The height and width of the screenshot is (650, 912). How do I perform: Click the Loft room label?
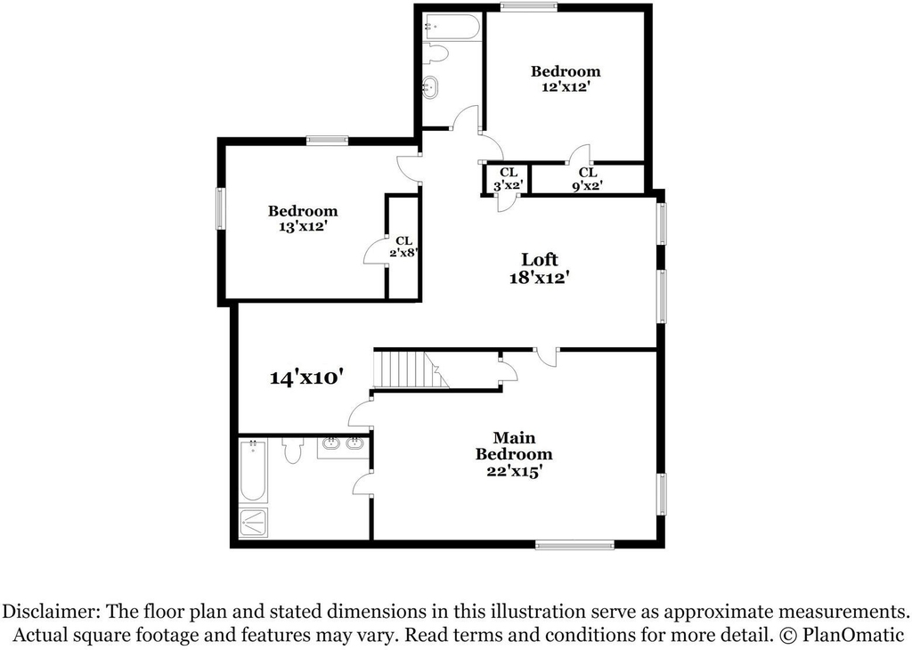[539, 259]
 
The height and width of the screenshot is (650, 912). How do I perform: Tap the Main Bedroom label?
[514, 446]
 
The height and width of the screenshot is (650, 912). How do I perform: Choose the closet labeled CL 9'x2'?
[588, 179]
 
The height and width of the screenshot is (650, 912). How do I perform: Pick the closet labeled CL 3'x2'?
[509, 179]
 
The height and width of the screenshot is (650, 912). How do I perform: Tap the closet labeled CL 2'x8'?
[404, 247]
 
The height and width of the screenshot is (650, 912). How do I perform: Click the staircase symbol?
[411, 370]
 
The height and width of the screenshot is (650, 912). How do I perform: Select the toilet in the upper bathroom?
[436, 53]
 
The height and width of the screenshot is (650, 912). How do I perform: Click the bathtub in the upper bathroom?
[452, 27]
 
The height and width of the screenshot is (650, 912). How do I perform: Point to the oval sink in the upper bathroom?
[431, 87]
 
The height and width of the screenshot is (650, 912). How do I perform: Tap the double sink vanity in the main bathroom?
[343, 446]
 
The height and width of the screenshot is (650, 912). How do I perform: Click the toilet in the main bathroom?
[292, 451]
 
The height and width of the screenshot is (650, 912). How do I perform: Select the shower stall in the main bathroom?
[254, 524]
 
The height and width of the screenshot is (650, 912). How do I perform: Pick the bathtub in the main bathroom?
[254, 473]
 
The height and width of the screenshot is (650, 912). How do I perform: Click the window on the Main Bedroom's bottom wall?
[574, 545]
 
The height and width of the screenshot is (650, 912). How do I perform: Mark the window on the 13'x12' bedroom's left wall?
[221, 208]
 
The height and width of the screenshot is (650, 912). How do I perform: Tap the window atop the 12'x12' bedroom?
[529, 7]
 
